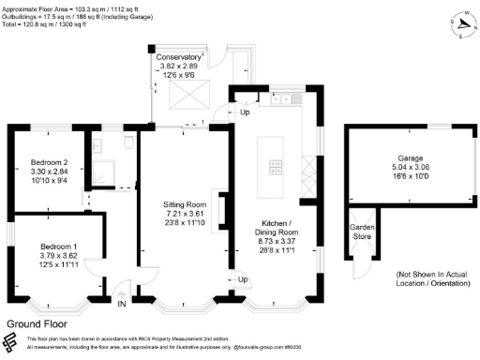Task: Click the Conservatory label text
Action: coord(178,57)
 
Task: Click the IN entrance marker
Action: coord(122,303)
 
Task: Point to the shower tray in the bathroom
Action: coord(99,170)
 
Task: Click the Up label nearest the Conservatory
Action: coord(245,112)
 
